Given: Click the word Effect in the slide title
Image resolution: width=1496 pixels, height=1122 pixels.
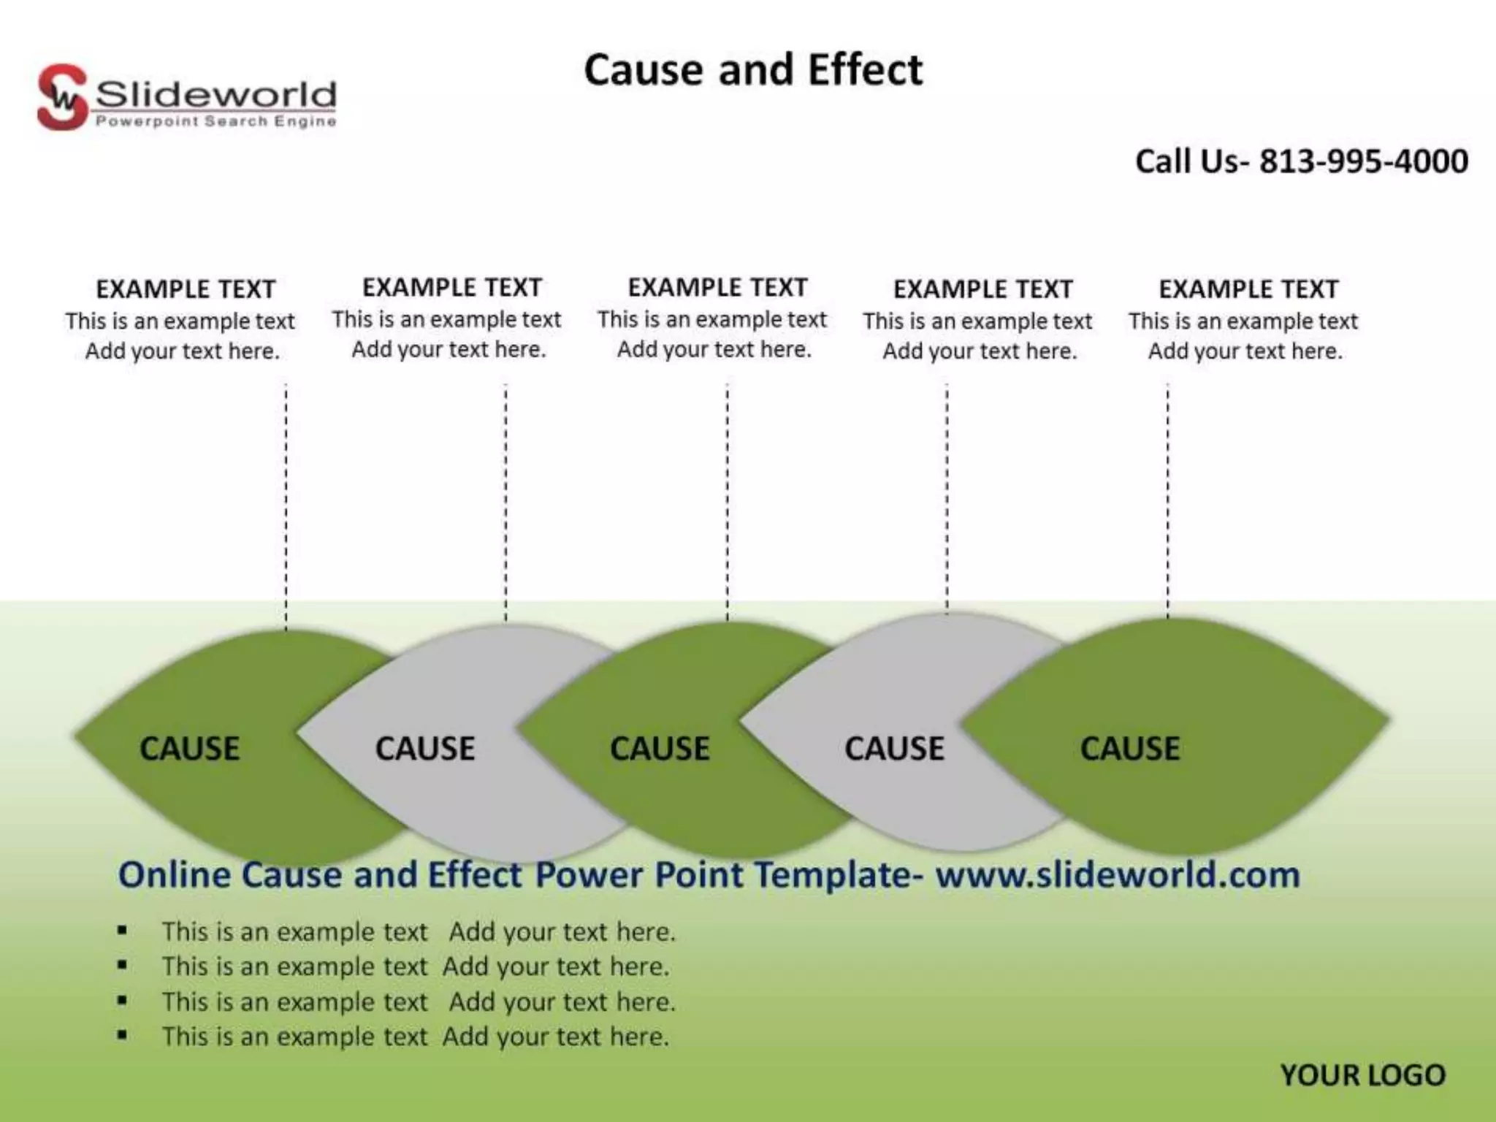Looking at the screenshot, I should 865,70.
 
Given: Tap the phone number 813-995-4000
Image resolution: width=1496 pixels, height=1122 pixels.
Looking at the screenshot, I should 1363,161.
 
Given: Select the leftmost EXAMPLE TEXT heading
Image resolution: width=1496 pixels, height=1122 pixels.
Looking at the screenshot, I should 186,289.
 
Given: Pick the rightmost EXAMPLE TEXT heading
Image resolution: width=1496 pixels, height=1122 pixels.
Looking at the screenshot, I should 1248,289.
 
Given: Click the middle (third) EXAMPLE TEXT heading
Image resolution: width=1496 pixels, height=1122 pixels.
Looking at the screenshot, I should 717,288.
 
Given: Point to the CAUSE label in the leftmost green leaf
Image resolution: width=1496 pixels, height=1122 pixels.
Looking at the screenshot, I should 189,749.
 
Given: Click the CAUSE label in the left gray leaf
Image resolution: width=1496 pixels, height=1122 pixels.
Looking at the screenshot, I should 424,749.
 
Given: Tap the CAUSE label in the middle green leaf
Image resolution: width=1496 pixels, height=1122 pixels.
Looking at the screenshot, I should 660,749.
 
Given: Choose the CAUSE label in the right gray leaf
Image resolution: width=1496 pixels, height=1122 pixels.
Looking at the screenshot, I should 894,749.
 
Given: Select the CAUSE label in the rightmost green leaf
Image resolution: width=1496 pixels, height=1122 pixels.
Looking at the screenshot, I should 1129,749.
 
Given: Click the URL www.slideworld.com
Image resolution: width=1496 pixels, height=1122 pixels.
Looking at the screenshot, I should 1118,874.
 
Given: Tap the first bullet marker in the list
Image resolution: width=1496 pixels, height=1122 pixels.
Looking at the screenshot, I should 122,931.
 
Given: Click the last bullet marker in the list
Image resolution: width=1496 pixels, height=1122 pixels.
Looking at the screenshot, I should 122,1035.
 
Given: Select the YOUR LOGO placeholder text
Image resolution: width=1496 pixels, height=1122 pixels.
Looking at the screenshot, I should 1362,1075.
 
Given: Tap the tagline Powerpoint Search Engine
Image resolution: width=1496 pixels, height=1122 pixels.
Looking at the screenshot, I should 215,121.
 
